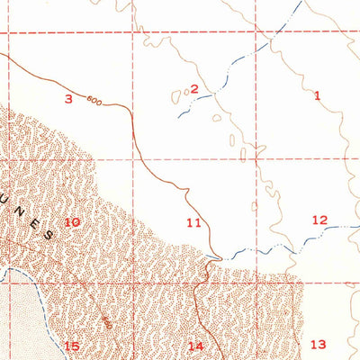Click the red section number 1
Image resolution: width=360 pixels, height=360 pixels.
tap(317, 94)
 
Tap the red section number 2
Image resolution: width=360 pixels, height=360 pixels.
tap(193, 88)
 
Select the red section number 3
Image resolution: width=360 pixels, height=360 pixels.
tap(67, 98)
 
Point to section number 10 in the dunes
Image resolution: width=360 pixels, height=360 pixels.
tap(72, 222)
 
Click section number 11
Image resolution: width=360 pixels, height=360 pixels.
tap(193, 222)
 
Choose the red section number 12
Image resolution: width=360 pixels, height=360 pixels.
tap(319, 220)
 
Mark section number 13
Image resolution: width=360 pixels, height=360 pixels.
tap(318, 344)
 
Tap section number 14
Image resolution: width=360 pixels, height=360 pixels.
tap(195, 346)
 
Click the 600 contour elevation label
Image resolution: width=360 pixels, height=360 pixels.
tap(94, 100)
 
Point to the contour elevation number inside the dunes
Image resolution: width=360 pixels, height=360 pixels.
tap(107, 321)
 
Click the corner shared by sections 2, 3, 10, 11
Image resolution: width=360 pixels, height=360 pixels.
tap(138, 158)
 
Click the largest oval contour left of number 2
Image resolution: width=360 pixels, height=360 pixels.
tap(176, 96)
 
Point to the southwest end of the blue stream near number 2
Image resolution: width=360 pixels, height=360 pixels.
tap(177, 117)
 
